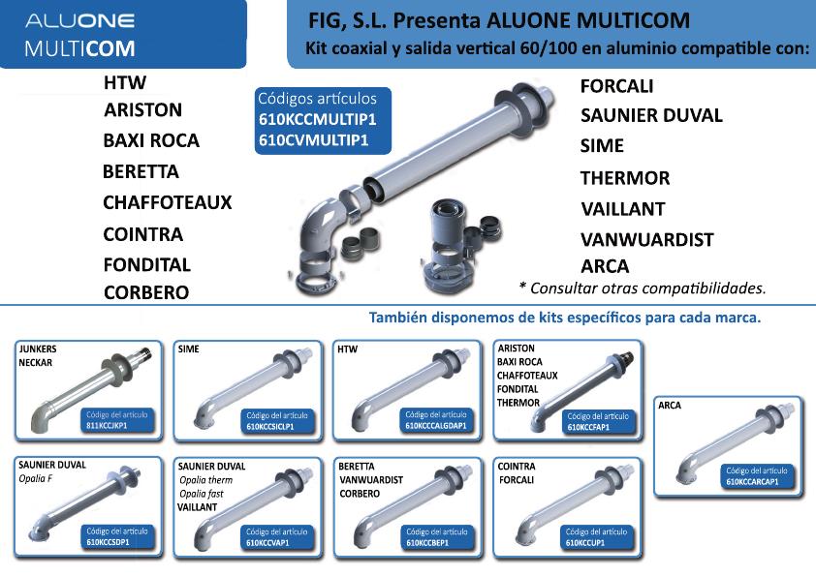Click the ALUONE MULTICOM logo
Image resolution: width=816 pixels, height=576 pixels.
(80, 35)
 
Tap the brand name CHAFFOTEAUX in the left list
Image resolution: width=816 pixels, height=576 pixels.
(167, 202)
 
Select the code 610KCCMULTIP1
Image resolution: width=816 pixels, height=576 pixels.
(318, 120)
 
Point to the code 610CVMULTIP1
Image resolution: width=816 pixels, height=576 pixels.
(314, 140)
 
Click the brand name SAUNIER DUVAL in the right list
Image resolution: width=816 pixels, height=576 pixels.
(651, 115)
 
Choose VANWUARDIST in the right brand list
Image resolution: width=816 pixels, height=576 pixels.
(646, 240)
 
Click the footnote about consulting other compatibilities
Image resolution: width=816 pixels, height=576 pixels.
(643, 288)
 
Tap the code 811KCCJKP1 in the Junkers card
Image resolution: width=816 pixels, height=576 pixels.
(107, 426)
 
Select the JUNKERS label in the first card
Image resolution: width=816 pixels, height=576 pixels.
(38, 349)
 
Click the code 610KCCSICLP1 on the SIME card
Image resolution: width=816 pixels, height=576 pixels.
(270, 427)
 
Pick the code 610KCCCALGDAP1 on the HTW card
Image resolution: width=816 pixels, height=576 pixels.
(436, 426)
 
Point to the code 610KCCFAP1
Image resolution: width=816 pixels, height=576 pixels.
(588, 427)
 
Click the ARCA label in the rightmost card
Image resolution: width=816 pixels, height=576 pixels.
(670, 406)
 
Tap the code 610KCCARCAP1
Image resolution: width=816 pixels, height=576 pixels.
(752, 482)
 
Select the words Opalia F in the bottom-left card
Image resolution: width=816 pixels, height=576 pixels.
(36, 479)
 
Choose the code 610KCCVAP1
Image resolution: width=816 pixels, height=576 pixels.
(267, 543)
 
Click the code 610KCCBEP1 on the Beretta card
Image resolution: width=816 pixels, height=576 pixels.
(427, 543)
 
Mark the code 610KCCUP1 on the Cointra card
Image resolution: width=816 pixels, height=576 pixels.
(585, 543)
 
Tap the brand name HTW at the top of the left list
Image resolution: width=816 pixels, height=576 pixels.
(125, 82)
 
